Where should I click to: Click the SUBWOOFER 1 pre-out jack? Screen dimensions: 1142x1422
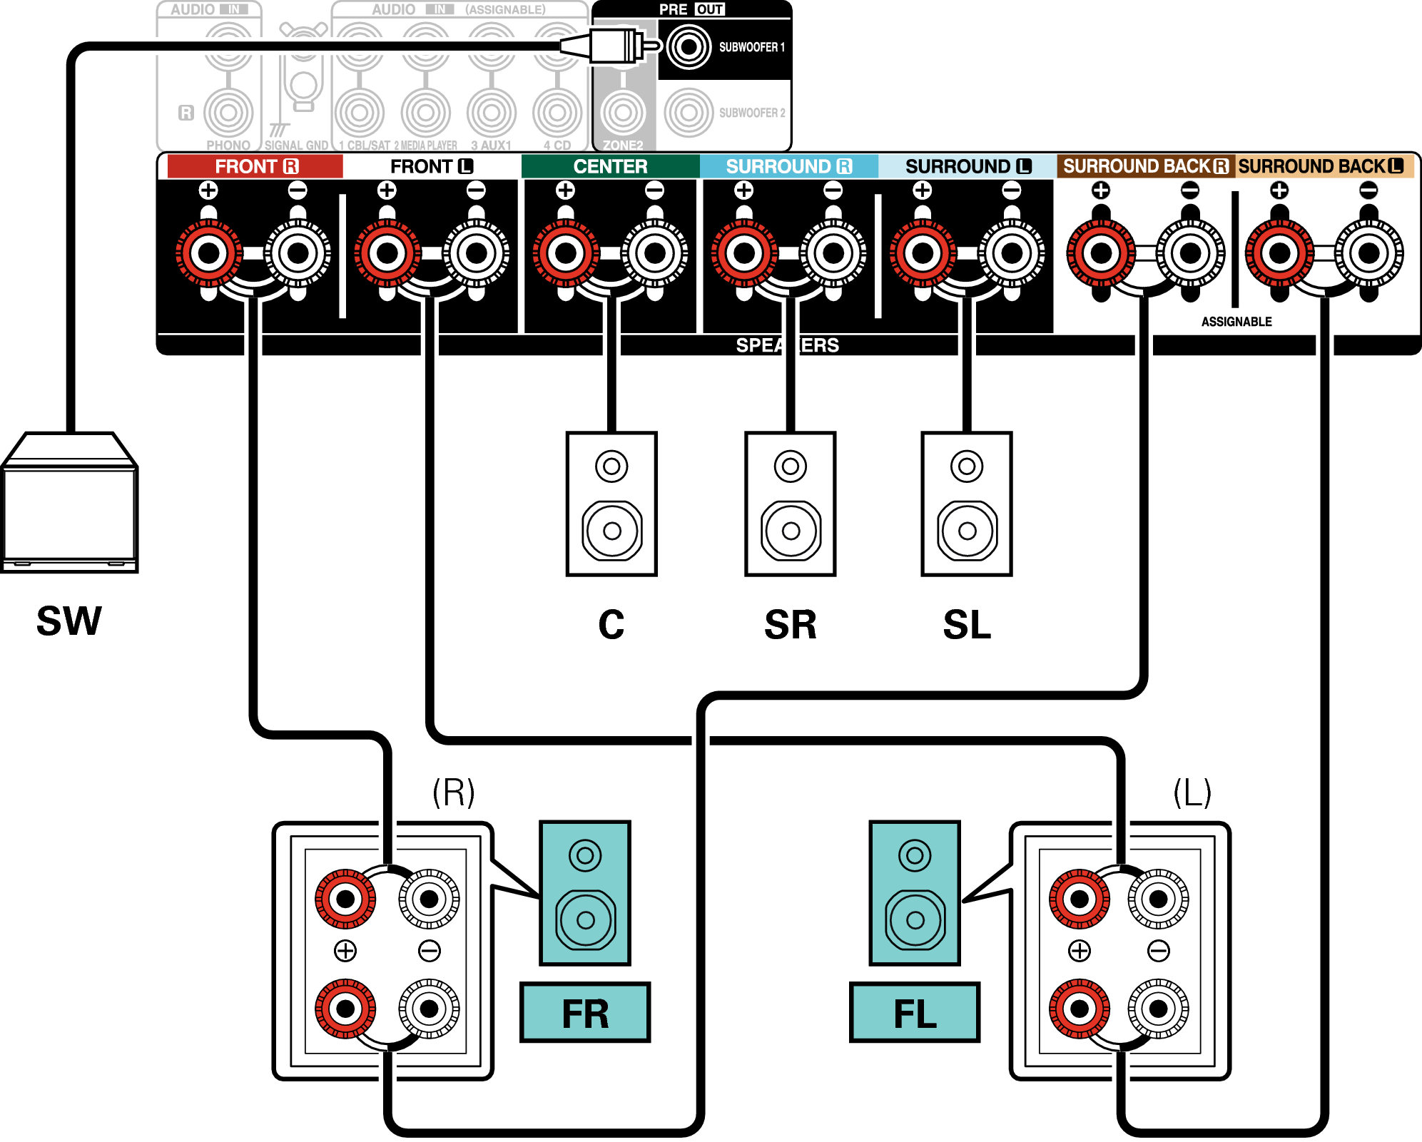click(689, 47)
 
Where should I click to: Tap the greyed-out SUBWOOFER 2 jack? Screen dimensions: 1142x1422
click(689, 113)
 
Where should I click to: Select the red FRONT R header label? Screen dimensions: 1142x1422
click(255, 166)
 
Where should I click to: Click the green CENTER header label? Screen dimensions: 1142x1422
click(610, 166)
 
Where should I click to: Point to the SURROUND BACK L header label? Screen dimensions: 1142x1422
click(1321, 166)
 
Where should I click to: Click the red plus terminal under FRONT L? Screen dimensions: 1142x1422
click(387, 253)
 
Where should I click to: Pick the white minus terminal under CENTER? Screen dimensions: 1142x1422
click(655, 253)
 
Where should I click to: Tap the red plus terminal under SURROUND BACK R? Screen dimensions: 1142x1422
click(1101, 253)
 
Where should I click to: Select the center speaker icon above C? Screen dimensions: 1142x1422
click(611, 504)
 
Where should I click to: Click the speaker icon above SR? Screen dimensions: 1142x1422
click(790, 504)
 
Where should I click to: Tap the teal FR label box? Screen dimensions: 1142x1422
click(585, 1013)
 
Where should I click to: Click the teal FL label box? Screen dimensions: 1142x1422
click(914, 1013)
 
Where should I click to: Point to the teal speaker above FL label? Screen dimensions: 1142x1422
click(915, 892)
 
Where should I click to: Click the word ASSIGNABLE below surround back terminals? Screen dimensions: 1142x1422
click(1236, 322)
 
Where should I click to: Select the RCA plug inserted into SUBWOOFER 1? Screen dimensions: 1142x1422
click(610, 46)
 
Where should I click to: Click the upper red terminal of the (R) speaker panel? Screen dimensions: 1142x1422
click(345, 899)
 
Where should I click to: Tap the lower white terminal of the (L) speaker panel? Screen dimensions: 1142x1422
click(1158, 1009)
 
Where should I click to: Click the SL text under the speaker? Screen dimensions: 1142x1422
click(967, 625)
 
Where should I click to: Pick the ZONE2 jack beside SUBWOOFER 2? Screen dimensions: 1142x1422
click(623, 113)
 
